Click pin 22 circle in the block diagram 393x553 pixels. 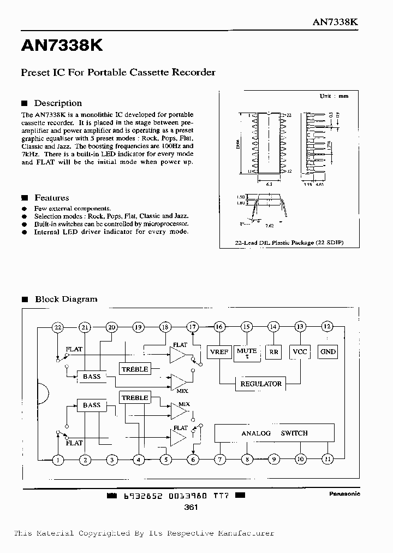[x=58, y=327]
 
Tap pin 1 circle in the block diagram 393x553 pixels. [x=58, y=460]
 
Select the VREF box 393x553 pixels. [x=219, y=352]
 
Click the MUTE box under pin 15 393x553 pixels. [x=247, y=352]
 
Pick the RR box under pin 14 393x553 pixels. [x=273, y=352]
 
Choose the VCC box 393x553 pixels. [x=300, y=352]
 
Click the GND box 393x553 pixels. [x=327, y=352]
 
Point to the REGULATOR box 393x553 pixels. [x=261, y=384]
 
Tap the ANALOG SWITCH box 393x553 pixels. [x=274, y=433]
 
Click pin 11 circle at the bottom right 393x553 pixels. [x=327, y=460]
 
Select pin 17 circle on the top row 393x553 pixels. [x=192, y=327]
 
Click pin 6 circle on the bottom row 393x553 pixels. [x=192, y=460]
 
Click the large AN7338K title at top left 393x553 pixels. [x=62, y=46]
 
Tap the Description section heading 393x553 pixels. [x=58, y=103]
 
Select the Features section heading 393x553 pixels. [x=51, y=198]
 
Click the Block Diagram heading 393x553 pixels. [x=66, y=299]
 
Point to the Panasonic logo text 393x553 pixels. [x=344, y=493]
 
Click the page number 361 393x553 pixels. [x=191, y=507]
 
